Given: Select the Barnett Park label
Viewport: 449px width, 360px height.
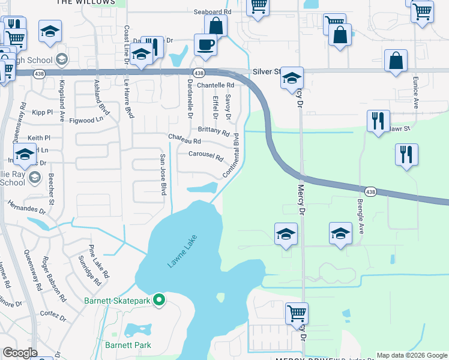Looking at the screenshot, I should pos(128,345).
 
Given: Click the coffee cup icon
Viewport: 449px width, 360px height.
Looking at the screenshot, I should pos(205,45).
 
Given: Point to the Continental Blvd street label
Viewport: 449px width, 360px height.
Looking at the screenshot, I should pos(232,155).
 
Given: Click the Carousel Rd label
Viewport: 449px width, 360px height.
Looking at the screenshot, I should pos(206,157).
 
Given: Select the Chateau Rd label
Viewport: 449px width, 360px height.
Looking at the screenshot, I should pos(184,139).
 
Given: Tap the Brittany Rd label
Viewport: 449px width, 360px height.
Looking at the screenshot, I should pos(214,131).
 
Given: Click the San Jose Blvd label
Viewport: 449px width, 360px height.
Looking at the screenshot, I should pos(162,174).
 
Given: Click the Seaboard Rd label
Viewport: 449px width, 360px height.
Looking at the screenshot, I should pos(212,11).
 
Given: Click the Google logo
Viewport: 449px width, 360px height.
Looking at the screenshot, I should pos(20,353).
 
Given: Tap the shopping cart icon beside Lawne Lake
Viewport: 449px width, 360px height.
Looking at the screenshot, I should pos(297,313).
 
